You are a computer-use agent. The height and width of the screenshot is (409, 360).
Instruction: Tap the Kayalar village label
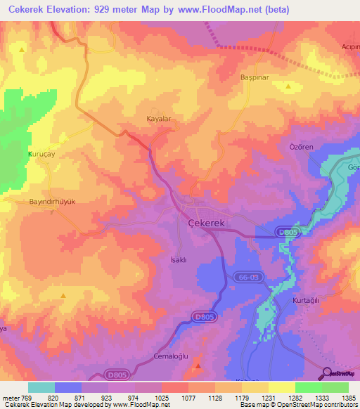pyautogui.click(x=158, y=119)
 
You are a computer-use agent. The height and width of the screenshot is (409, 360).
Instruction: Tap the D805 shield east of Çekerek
pyautogui.click(x=288, y=231)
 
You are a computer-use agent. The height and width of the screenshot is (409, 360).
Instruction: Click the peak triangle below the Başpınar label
pyautogui.click(x=289, y=86)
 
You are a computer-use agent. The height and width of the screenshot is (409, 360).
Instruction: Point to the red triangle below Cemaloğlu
pyautogui.click(x=198, y=365)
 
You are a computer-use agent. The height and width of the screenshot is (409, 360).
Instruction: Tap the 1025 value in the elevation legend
pyautogui.click(x=161, y=398)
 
